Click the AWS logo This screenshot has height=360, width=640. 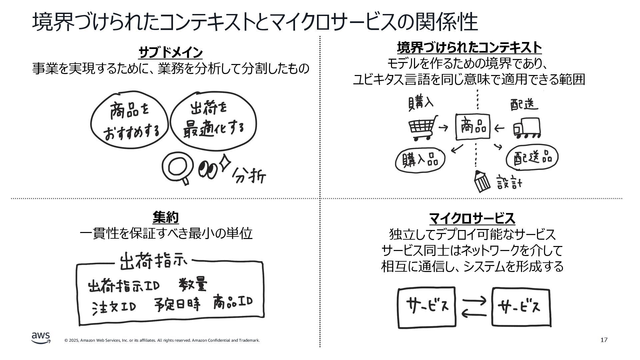pyautogui.click(x=41, y=337)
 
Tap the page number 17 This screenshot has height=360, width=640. pyautogui.click(x=604, y=340)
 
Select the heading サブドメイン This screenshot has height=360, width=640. pyautogui.click(x=170, y=53)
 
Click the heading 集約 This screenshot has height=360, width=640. pyautogui.click(x=166, y=218)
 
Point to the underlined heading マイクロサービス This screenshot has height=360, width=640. pyautogui.click(x=472, y=219)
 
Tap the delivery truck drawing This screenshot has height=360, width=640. pyautogui.click(x=527, y=128)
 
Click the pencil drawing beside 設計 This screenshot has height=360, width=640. pyautogui.click(x=482, y=181)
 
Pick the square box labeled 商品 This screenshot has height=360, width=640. pyautogui.click(x=473, y=127)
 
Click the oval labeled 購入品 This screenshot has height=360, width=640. pyautogui.click(x=420, y=160)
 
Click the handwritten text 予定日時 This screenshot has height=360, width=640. pyautogui.click(x=177, y=304)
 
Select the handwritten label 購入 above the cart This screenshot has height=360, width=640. pyautogui.click(x=421, y=103)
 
